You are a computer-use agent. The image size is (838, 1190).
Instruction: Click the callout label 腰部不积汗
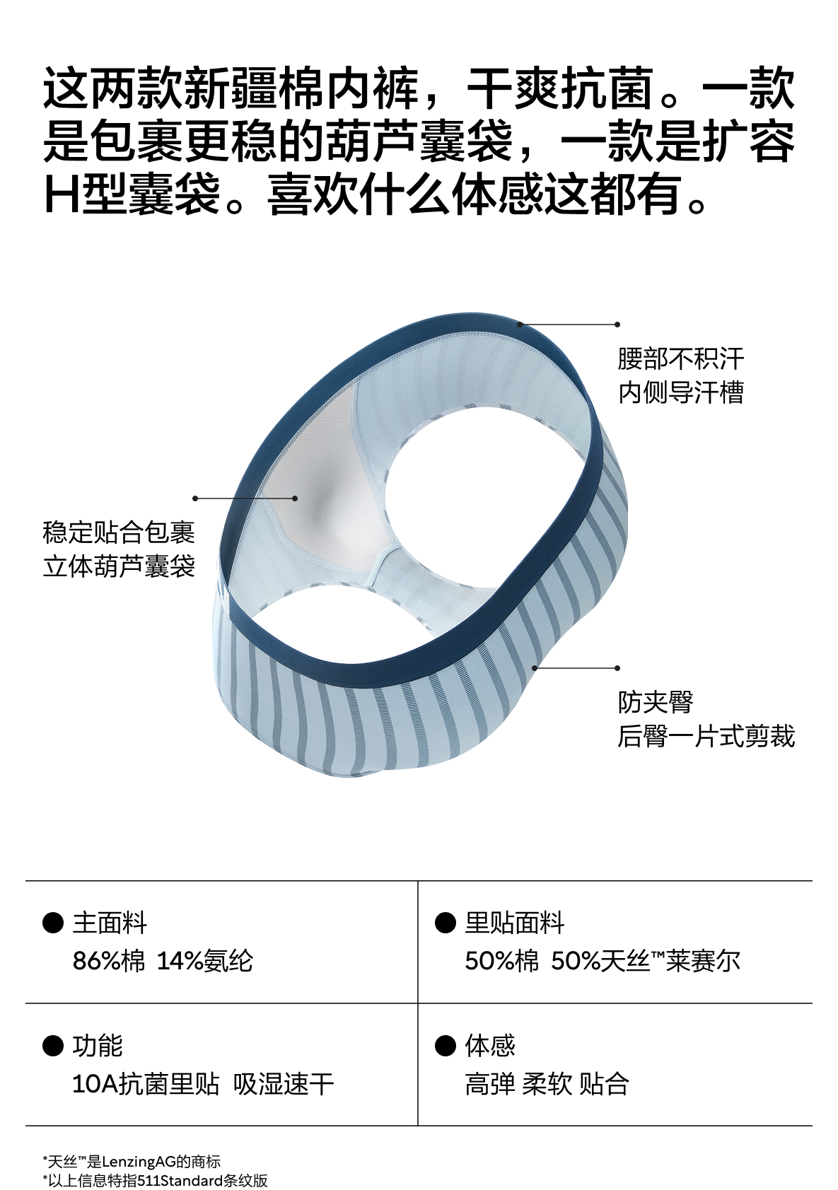click(x=680, y=358)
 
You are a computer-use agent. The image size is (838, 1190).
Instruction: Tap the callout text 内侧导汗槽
click(x=680, y=392)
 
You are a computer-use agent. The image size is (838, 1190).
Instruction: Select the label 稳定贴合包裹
click(x=118, y=532)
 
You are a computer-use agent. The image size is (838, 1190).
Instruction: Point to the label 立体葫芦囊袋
click(x=118, y=566)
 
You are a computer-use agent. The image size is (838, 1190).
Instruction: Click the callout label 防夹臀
click(x=655, y=702)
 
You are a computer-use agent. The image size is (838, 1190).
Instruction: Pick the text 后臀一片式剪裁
click(x=706, y=736)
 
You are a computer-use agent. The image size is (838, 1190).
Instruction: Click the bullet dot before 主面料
click(x=53, y=923)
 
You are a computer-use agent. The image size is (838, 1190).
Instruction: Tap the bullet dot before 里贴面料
click(x=445, y=923)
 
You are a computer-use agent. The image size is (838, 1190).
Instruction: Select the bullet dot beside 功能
click(x=53, y=1045)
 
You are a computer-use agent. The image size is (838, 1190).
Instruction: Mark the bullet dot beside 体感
click(x=445, y=1045)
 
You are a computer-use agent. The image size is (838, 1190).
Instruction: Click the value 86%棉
click(x=108, y=961)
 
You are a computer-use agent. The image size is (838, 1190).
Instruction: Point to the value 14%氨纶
click(x=204, y=961)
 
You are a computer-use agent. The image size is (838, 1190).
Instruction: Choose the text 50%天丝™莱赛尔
click(x=645, y=961)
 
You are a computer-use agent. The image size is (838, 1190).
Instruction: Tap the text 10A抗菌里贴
click(x=146, y=1084)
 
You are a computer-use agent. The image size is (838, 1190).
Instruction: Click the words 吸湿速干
click(x=283, y=1084)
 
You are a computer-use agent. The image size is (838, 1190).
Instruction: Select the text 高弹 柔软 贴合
click(x=547, y=1084)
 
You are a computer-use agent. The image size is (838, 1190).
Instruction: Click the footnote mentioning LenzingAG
click(x=132, y=1161)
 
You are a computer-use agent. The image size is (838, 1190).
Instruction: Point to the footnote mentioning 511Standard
click(x=155, y=1180)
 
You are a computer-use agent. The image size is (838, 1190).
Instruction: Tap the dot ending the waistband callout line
click(x=617, y=325)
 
